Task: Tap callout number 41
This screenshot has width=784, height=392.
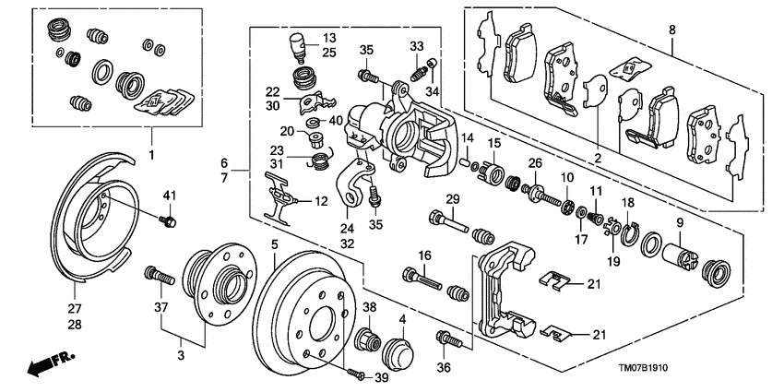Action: tap(168, 195)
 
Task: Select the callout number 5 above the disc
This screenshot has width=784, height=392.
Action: tap(274, 244)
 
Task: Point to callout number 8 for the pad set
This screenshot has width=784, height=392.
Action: tap(671, 30)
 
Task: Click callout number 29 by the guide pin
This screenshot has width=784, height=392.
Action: tap(453, 200)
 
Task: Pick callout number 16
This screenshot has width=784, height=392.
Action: tap(425, 255)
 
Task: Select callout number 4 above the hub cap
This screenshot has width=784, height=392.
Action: tap(401, 320)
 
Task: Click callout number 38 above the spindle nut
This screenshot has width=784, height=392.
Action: tap(368, 308)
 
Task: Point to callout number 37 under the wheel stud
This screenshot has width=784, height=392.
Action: tap(159, 307)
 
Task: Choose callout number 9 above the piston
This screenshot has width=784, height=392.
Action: tap(681, 222)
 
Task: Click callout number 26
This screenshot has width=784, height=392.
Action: tap(534, 164)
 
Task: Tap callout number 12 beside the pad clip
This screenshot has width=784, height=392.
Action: tap(322, 201)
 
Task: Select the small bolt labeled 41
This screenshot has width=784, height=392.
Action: tap(169, 220)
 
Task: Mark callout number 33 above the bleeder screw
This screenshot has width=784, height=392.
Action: tap(416, 45)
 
